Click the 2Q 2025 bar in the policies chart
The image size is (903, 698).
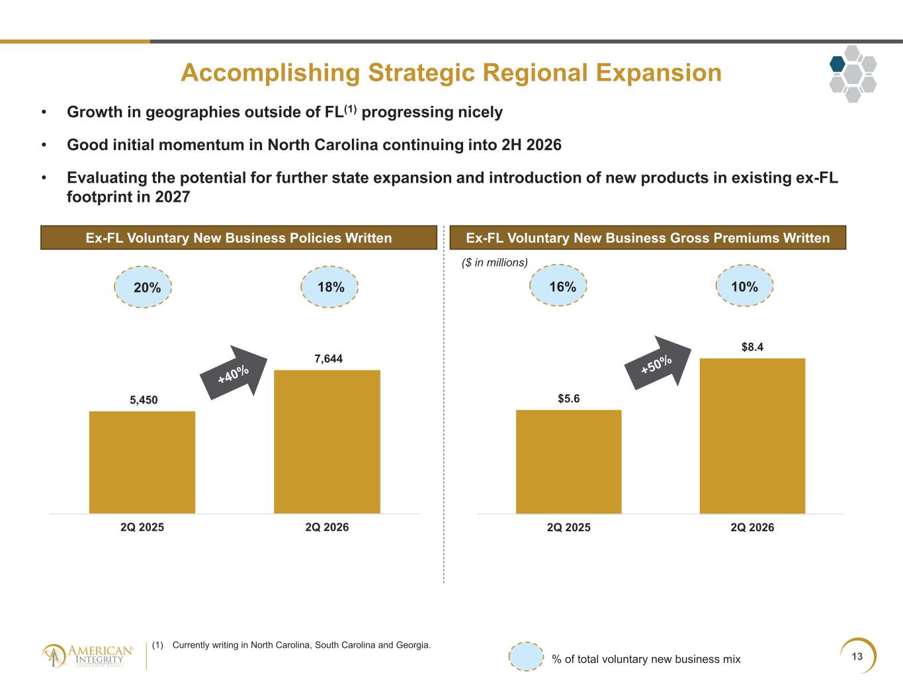pyautogui.click(x=142, y=462)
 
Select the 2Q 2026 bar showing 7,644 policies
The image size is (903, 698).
pyautogui.click(x=327, y=442)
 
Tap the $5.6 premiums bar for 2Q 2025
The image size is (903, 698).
pyautogui.click(x=568, y=462)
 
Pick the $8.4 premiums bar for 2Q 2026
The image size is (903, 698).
pyautogui.click(x=753, y=436)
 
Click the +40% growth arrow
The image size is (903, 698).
pyautogui.click(x=234, y=372)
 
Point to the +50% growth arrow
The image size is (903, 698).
pyautogui.click(x=658, y=363)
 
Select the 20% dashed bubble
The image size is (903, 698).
pyautogui.click(x=143, y=287)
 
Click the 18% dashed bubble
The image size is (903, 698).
pyautogui.click(x=329, y=287)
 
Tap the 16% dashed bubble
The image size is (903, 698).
pyautogui.click(x=558, y=285)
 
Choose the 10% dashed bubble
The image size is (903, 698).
pyautogui.click(x=744, y=286)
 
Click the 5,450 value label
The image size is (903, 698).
pyautogui.click(x=144, y=400)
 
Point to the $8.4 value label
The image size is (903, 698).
pyautogui.click(x=753, y=347)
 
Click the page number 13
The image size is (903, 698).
pyautogui.click(x=857, y=656)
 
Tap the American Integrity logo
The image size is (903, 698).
pyautogui.click(x=88, y=656)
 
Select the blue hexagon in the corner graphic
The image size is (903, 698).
pyautogui.click(x=838, y=64)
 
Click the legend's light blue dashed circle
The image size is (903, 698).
pyautogui.click(x=526, y=656)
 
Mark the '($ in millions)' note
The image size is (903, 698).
pyautogui.click(x=495, y=263)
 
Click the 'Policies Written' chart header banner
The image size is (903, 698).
pyautogui.click(x=239, y=238)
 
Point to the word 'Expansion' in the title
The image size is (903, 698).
pyautogui.click(x=659, y=73)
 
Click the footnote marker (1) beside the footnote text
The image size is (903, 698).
pyautogui.click(x=157, y=645)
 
